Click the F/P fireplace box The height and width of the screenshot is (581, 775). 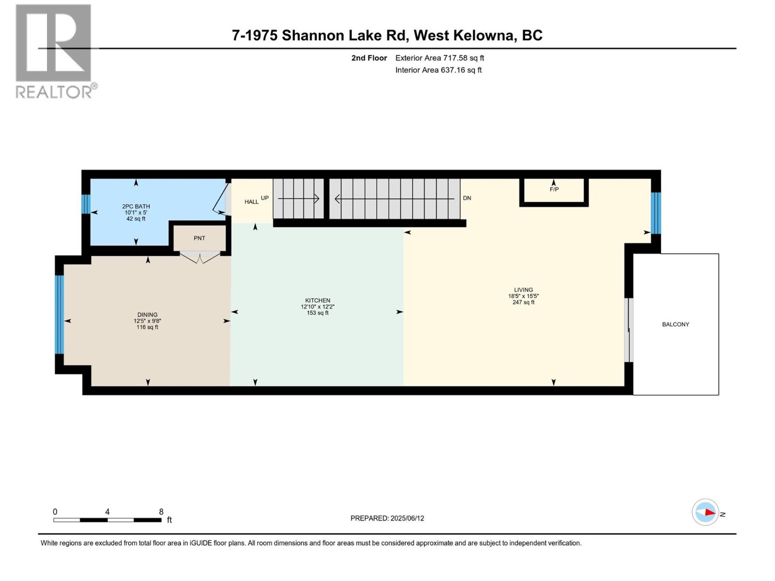[x=554, y=192]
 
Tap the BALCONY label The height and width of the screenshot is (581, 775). [x=675, y=324]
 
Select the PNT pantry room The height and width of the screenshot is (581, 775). [x=199, y=238]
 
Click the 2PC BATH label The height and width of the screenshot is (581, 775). [x=136, y=207]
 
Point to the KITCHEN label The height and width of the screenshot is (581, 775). [x=317, y=301]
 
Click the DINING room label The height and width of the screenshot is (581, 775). [x=147, y=315]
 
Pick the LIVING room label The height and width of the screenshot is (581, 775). [x=523, y=290]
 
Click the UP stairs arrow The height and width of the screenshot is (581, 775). [x=298, y=198]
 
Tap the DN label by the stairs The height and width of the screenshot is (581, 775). [x=467, y=198]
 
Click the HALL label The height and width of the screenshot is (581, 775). [x=251, y=202]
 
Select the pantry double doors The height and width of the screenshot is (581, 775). [x=200, y=257]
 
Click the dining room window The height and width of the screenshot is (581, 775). [x=59, y=314]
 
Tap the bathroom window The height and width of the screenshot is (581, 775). [x=86, y=204]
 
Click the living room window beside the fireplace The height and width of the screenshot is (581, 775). [x=655, y=213]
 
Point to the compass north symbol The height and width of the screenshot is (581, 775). [x=705, y=512]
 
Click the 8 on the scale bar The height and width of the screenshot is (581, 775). [x=161, y=512]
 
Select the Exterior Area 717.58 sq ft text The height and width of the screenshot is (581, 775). [x=439, y=58]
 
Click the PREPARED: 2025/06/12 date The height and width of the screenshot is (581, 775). [x=387, y=518]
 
